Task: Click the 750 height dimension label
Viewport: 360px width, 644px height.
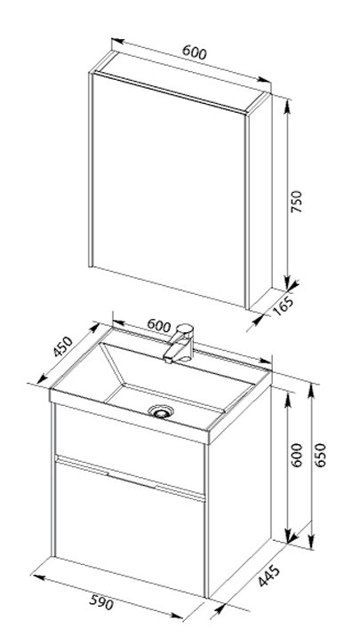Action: [296, 202]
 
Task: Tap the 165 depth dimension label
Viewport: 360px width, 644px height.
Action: [284, 306]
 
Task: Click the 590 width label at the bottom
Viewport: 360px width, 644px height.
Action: [101, 602]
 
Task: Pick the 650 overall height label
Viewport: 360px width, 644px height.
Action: [320, 455]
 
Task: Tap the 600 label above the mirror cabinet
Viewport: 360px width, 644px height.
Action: [195, 52]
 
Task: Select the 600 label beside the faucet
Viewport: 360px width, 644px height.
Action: [158, 326]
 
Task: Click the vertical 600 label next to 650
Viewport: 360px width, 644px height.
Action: [296, 455]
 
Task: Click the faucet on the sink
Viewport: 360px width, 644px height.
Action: [180, 344]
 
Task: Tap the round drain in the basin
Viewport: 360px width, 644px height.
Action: [161, 411]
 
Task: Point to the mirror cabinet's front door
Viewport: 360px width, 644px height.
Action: [169, 189]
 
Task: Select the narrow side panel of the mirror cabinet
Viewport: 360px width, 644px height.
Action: [260, 201]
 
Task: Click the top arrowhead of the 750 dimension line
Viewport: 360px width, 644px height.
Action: [287, 106]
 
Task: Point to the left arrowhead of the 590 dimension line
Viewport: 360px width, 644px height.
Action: [39, 578]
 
